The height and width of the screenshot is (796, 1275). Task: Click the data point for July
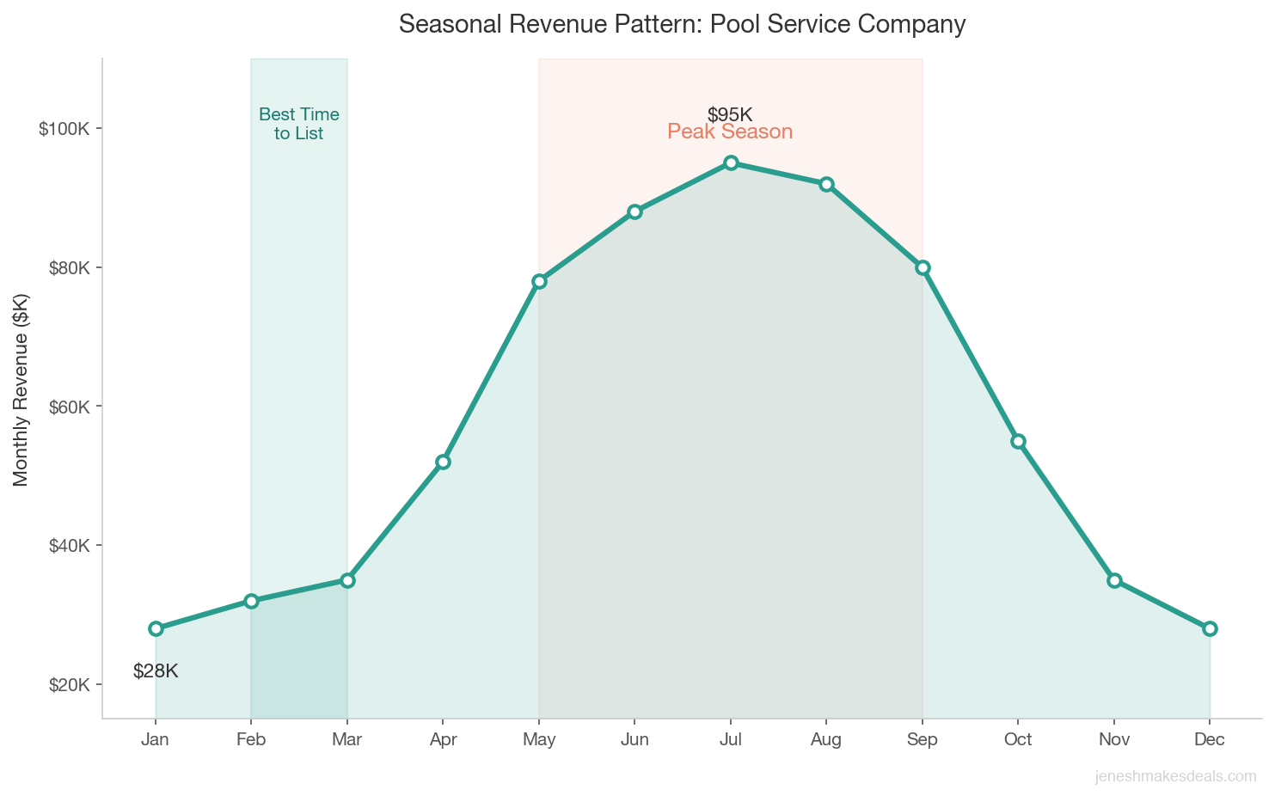point(731,163)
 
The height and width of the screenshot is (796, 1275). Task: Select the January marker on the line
point(156,628)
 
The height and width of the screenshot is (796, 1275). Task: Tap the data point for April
point(443,462)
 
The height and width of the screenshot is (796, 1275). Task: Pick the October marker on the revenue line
point(1018,441)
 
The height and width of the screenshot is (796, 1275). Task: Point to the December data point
point(1210,628)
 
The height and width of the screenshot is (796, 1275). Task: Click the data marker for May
point(539,281)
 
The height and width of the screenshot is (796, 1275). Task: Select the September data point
point(923,267)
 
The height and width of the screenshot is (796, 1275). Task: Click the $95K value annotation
point(730,114)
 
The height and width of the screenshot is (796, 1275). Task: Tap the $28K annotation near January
point(156,671)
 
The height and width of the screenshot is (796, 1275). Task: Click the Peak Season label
point(730,132)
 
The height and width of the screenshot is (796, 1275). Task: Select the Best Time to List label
point(299,124)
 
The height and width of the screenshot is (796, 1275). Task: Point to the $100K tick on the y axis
point(64,129)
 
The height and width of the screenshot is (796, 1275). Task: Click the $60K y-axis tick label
point(64,407)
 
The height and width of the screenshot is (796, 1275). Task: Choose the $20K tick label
point(64,685)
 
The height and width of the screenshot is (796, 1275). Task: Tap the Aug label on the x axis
point(826,740)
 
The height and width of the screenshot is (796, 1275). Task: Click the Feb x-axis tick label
point(251,740)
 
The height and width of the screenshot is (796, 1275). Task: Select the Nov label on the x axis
point(1114,740)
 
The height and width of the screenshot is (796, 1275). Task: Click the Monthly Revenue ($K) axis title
point(21,389)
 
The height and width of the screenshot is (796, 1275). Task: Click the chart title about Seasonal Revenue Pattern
point(682,24)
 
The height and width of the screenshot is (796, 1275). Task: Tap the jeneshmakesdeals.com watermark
point(1175,776)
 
